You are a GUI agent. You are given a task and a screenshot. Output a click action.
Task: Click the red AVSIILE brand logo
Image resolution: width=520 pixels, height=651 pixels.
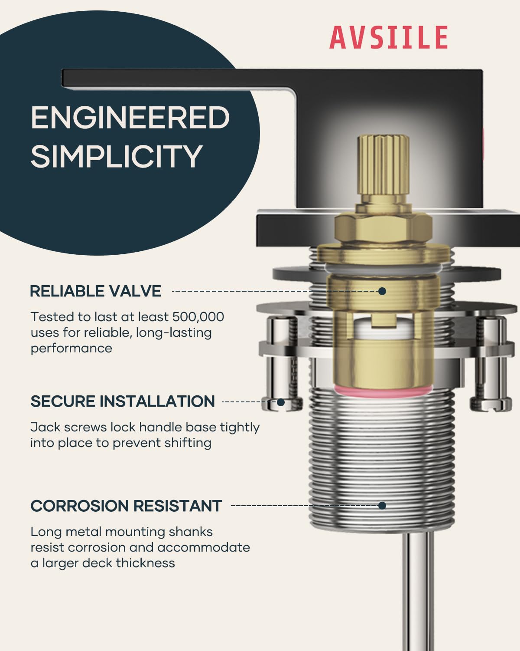pos(389,37)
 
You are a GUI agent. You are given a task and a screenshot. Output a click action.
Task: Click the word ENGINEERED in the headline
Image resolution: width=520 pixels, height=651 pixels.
pos(130,117)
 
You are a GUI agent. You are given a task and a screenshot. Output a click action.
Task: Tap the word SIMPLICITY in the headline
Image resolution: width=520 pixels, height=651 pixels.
pos(117,156)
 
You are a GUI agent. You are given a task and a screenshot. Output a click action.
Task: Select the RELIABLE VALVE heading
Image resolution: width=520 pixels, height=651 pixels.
pos(95,291)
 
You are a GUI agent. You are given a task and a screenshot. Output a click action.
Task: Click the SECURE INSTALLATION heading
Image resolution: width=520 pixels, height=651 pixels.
pos(123,401)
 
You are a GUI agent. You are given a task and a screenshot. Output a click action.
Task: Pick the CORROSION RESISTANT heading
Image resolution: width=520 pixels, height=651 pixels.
pos(126,506)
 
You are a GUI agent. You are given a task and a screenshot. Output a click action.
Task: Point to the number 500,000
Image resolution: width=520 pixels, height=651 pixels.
pos(198,317)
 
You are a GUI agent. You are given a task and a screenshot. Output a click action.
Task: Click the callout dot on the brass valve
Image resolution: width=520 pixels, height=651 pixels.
pos(382,291)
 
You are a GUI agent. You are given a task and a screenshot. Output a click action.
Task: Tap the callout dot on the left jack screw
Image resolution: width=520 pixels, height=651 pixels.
pos(281,402)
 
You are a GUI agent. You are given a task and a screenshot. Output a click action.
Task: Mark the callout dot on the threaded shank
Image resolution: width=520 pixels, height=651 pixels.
pos(382,506)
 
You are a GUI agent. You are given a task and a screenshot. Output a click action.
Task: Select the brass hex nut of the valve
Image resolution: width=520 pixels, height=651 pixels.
pos(383,227)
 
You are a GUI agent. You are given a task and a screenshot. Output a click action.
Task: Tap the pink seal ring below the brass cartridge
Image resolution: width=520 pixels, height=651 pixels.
pos(383,391)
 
